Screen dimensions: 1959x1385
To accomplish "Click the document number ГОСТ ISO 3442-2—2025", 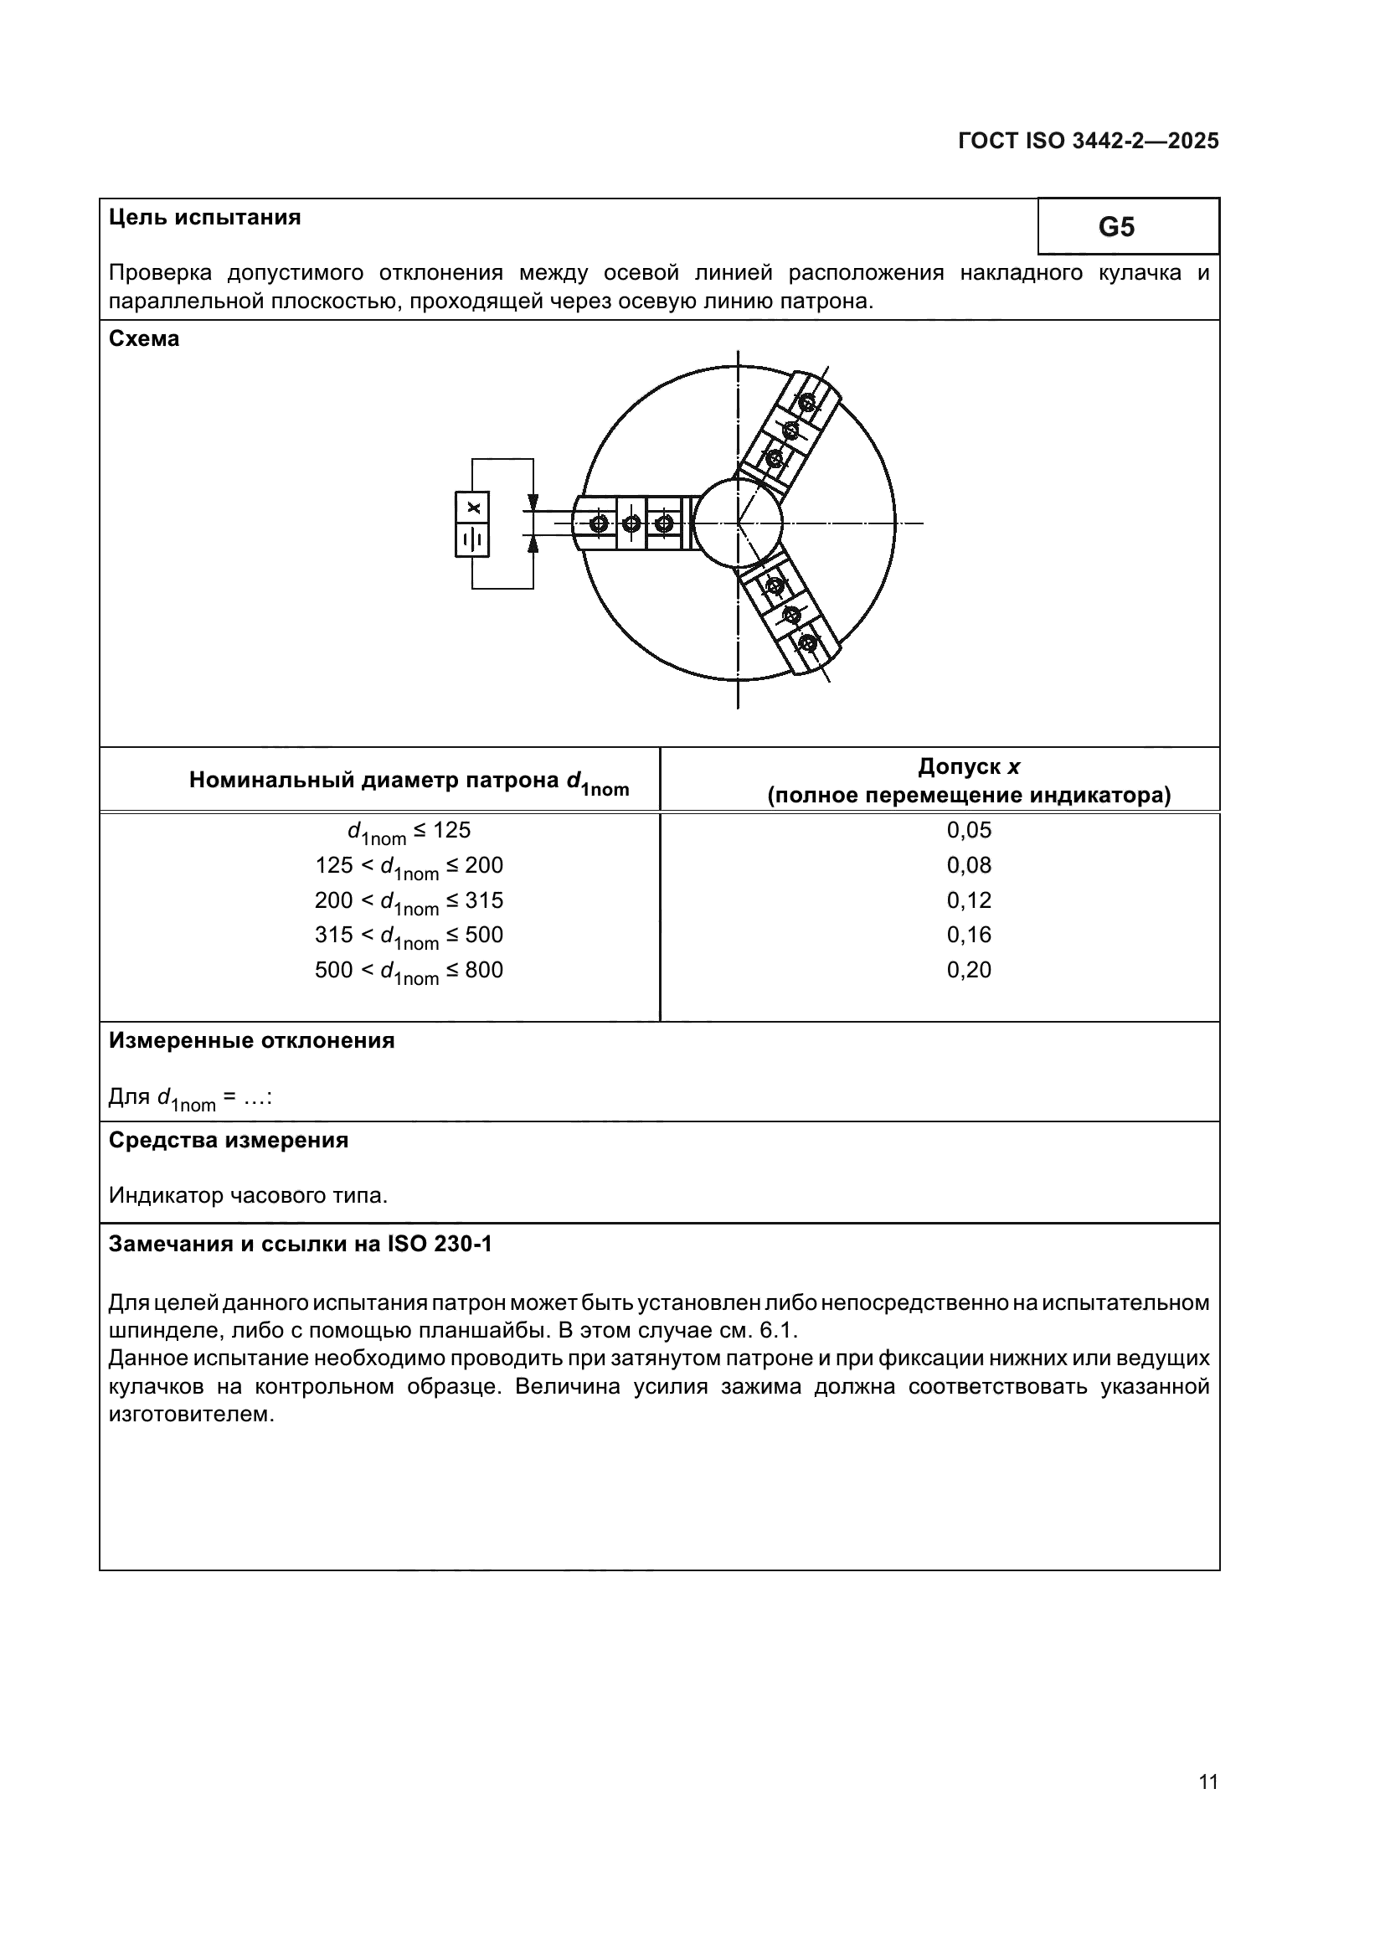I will point(1088,142).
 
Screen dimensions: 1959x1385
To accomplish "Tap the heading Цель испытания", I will point(204,218).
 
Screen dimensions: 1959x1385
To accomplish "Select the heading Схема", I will point(144,339).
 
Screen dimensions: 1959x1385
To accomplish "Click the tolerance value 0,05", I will point(969,830).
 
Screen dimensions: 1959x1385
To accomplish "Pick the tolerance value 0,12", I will point(969,900).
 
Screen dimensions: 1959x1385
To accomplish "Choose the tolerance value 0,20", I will point(969,970).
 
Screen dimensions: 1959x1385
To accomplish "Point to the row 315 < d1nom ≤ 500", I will point(409,936).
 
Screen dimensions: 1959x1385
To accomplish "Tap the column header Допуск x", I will point(969,767).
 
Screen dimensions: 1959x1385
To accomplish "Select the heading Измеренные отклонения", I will point(251,1041).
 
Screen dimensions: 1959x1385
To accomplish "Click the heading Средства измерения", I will point(229,1141).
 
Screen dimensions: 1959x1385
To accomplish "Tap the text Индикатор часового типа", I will point(248,1196).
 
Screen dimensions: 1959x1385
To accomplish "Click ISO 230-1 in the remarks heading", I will point(440,1245).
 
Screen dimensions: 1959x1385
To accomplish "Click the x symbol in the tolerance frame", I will point(473,508).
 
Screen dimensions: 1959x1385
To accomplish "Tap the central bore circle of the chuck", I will point(738,522).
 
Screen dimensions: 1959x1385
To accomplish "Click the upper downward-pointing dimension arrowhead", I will point(533,503).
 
